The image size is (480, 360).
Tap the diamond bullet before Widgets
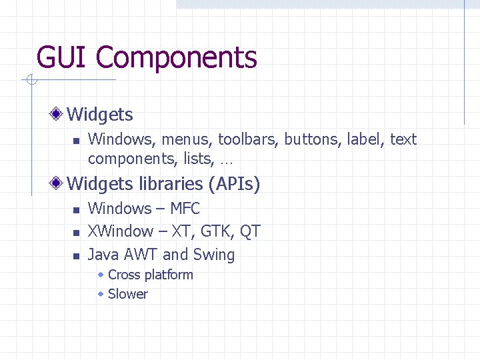59,114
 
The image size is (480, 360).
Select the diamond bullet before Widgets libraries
59,183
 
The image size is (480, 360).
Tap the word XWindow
121,232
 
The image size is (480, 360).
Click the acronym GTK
216,232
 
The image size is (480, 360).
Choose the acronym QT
250,232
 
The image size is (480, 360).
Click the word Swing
214,255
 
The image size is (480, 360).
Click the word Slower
127,294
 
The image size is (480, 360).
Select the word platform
169,275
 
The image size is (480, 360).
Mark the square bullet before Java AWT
75,255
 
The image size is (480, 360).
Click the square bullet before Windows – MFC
75,210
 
